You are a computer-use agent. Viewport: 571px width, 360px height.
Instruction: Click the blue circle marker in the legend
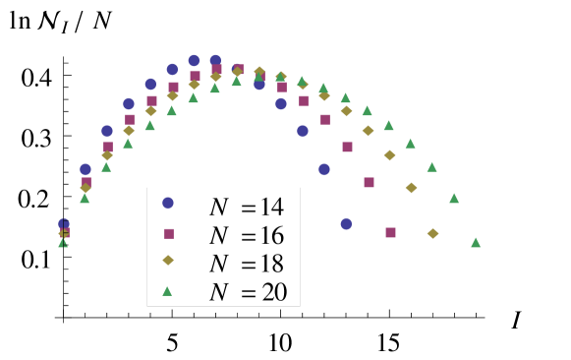[168, 203]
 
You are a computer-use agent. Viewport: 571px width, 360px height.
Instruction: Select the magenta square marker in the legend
[169, 234]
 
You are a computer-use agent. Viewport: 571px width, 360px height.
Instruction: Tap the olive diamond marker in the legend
[168, 261]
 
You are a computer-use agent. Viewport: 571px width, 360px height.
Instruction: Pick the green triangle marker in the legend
[167, 290]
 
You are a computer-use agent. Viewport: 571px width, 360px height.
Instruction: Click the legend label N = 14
[246, 207]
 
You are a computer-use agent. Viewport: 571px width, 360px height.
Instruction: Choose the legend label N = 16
[246, 235]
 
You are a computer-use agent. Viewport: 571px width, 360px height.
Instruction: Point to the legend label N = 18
[246, 264]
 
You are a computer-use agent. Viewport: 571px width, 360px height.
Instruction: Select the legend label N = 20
[246, 292]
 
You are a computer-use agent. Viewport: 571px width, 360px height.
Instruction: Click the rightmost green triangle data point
[476, 242]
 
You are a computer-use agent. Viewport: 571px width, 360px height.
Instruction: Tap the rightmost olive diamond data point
[432, 233]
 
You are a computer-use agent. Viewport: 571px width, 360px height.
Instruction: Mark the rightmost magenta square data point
[390, 233]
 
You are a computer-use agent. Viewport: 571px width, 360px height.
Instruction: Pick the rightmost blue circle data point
[346, 223]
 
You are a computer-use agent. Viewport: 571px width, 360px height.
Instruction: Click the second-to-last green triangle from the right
[454, 198]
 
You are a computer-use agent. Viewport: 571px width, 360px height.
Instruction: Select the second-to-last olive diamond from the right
[411, 187]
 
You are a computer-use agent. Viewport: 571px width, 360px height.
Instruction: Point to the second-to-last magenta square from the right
[369, 182]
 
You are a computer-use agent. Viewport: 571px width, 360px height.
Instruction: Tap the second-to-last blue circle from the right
[324, 169]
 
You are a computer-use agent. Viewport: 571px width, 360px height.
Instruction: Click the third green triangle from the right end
[431, 166]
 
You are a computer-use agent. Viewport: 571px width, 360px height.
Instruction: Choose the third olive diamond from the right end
[389, 154]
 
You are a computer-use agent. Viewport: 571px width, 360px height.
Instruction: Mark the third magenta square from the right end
[347, 147]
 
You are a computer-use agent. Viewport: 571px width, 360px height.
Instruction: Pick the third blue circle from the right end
[303, 131]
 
